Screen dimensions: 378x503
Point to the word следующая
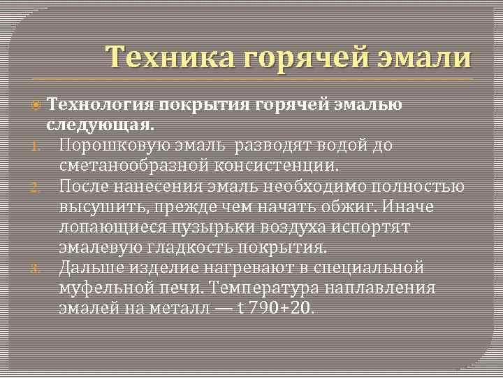point(101,125)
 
